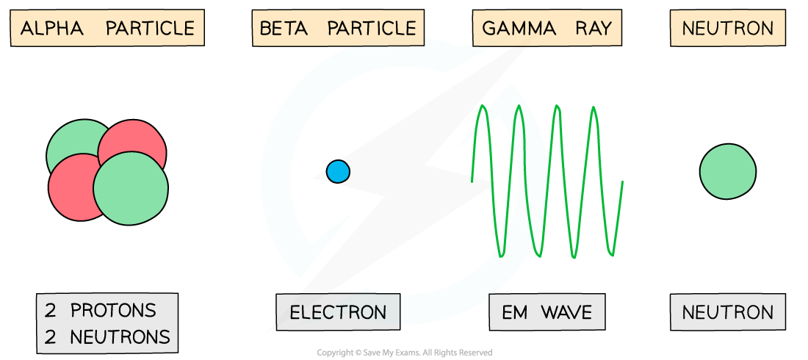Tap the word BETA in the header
coord(283,29)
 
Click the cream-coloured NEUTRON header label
coord(727,29)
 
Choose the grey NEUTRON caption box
coord(727,312)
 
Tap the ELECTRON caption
coord(338,312)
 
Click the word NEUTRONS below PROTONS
coord(120,337)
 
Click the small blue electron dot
coord(338,171)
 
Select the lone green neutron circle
coord(727,171)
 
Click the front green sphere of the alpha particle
coord(130,187)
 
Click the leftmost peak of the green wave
coord(483,108)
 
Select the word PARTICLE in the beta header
coord(372,29)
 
